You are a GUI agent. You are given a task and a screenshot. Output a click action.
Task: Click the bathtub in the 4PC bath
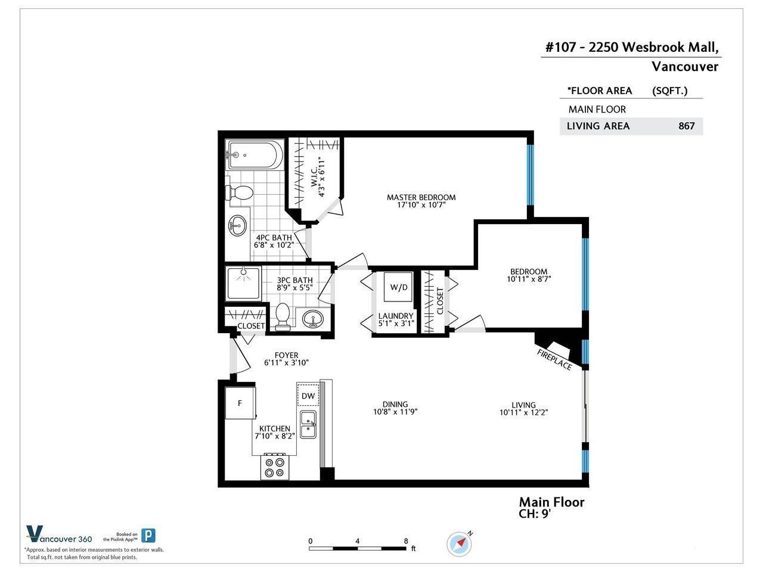coord(255,154)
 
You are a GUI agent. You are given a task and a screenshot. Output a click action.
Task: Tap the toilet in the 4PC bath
coord(239,192)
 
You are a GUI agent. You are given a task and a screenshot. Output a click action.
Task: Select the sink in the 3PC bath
coord(312,318)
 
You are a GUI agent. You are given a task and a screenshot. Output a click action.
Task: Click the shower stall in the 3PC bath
coord(243,284)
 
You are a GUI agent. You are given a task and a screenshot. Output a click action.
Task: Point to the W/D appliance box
coord(398,287)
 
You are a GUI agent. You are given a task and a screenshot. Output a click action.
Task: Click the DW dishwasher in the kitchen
coord(308,395)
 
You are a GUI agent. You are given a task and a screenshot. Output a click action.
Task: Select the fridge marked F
coord(240,403)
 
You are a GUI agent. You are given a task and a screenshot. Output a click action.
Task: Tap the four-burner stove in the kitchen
coord(275,467)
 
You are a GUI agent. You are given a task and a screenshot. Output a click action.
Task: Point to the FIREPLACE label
coord(554,360)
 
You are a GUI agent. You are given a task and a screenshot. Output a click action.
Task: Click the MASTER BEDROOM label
coord(421,197)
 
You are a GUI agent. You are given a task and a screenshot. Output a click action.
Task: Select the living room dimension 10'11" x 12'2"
coord(523,412)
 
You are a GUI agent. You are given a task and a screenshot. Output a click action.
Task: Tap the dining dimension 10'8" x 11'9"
coord(395,412)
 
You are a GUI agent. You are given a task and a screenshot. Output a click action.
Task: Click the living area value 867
coord(687,126)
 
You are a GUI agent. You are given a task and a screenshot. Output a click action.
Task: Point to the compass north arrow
coord(461,542)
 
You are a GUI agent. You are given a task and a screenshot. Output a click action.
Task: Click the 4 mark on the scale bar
coord(357,541)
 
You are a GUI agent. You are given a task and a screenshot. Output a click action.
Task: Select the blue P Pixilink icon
coord(148,535)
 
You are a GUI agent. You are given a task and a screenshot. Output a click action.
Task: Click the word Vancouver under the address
coord(685,67)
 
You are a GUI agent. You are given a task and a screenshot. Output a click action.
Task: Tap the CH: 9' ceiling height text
coord(535,514)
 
